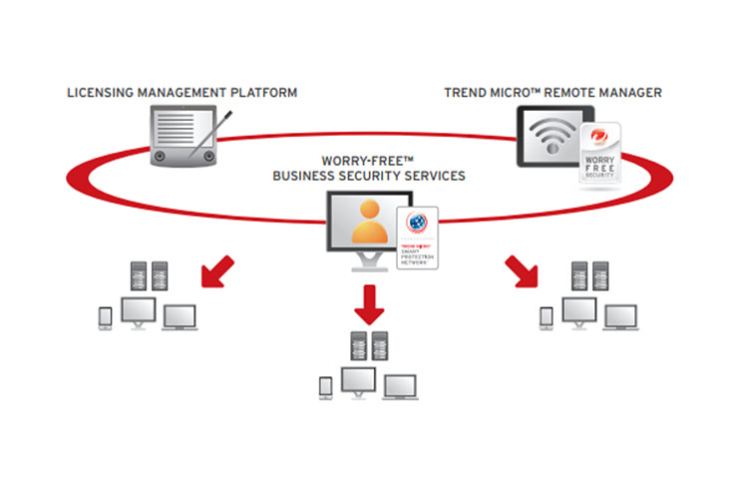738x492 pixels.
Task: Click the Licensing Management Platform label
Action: click(182, 93)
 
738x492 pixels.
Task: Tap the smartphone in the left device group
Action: click(107, 317)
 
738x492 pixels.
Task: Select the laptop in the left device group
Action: click(179, 317)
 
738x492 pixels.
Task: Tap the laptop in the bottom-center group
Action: click(400, 386)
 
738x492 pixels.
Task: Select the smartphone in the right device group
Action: click(546, 317)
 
